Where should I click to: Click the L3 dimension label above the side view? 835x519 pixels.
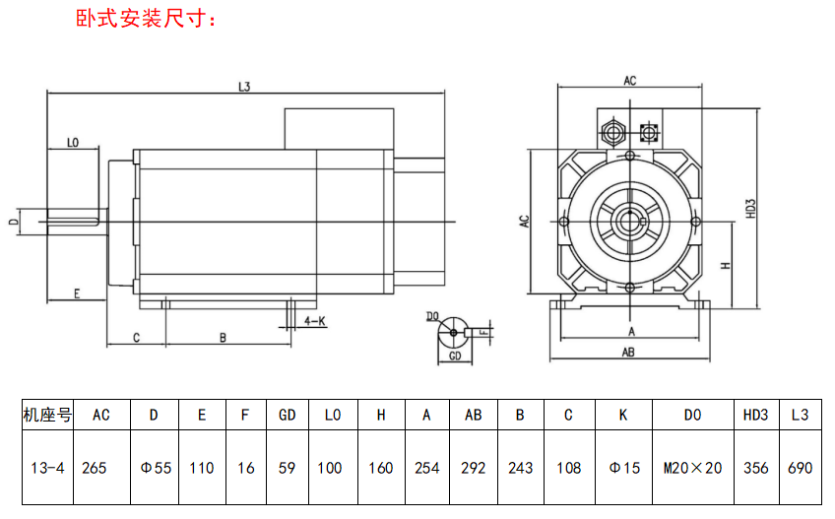(x=244, y=87)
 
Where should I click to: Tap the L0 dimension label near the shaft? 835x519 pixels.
(x=72, y=143)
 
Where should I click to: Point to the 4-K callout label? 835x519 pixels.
(x=315, y=322)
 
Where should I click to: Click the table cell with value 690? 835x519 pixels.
(x=800, y=468)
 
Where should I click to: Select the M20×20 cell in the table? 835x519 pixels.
(x=693, y=468)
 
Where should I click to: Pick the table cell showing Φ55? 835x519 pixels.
(x=155, y=468)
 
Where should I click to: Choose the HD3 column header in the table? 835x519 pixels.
(x=755, y=415)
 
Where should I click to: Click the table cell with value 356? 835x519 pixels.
(x=755, y=468)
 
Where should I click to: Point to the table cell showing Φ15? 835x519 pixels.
(x=622, y=468)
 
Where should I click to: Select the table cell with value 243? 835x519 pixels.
(x=520, y=468)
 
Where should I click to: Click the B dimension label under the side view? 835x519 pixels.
(x=224, y=338)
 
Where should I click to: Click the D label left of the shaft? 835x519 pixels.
(x=13, y=222)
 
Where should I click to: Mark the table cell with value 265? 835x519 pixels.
(x=95, y=468)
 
